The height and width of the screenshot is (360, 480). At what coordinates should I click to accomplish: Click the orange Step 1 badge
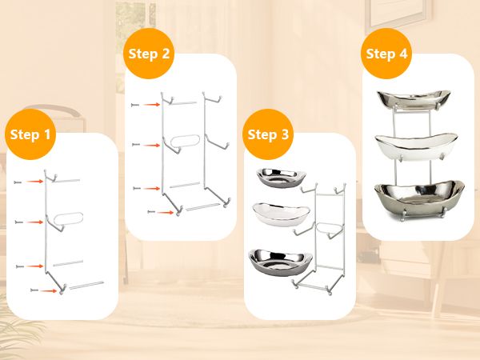30,134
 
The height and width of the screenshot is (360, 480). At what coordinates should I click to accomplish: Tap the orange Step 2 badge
149,54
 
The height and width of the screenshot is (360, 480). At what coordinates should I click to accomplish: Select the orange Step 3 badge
268,134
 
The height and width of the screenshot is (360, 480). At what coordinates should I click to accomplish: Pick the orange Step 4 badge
386,54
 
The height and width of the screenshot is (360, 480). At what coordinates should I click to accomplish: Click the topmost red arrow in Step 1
34,182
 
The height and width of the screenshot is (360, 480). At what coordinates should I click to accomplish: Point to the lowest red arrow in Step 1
48,291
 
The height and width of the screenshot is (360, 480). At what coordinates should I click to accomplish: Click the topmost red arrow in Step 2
152,105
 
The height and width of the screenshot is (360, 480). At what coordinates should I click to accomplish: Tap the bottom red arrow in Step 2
166,212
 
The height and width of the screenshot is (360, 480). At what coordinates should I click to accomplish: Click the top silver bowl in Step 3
281,178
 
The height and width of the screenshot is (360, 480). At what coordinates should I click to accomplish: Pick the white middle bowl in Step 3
282,214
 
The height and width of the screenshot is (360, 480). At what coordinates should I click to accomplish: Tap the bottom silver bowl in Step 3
281,262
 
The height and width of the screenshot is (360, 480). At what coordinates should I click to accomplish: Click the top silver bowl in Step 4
414,100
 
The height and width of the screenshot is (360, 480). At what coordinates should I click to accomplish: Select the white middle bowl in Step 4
416,147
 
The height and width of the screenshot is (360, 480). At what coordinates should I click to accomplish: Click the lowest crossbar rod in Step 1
86,285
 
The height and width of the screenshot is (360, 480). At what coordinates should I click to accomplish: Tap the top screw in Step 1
18,182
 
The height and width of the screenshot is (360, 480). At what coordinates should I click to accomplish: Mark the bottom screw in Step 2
151,212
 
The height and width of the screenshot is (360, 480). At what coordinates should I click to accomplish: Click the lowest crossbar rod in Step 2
203,207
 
